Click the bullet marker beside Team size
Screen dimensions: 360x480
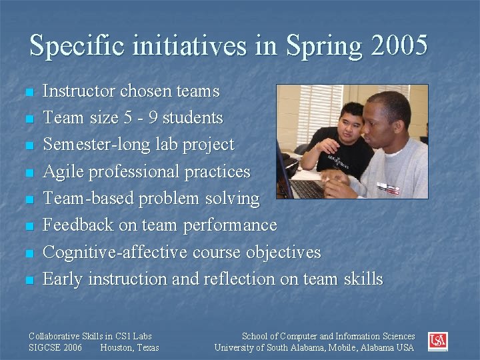click(28, 119)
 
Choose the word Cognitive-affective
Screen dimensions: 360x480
click(115, 252)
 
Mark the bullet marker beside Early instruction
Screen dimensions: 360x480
click(28, 280)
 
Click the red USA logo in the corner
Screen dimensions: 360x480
click(437, 342)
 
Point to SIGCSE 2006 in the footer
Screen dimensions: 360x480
click(56, 348)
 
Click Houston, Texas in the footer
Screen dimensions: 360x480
click(129, 348)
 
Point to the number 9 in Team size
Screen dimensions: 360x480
click(151, 118)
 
